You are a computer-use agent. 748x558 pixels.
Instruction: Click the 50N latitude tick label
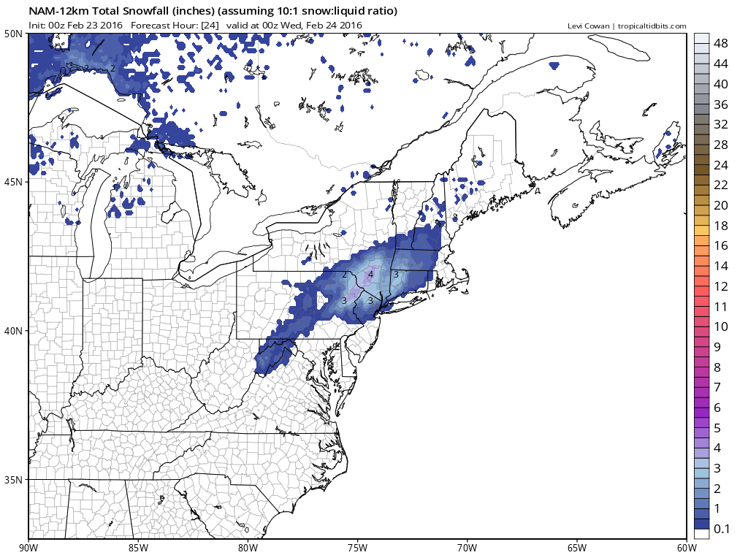[x=12, y=34]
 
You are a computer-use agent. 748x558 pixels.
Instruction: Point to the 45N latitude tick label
[x=12, y=182]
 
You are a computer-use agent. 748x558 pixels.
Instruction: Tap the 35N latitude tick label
[x=12, y=480]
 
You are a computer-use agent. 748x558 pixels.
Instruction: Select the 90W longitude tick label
[x=29, y=547]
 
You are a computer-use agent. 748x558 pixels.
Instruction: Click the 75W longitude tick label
[x=357, y=547]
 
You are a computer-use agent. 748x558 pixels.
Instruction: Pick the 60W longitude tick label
[x=686, y=547]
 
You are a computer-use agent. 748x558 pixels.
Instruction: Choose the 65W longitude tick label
[x=576, y=547]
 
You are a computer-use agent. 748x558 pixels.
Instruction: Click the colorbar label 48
[x=720, y=44]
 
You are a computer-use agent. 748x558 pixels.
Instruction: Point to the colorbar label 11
[x=720, y=306]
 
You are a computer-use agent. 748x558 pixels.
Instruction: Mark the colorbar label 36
[x=720, y=104]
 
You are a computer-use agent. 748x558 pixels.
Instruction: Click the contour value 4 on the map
[x=370, y=275]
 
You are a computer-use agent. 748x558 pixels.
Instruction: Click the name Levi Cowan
[x=589, y=26]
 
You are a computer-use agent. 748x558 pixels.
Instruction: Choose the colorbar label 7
[x=717, y=386]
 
